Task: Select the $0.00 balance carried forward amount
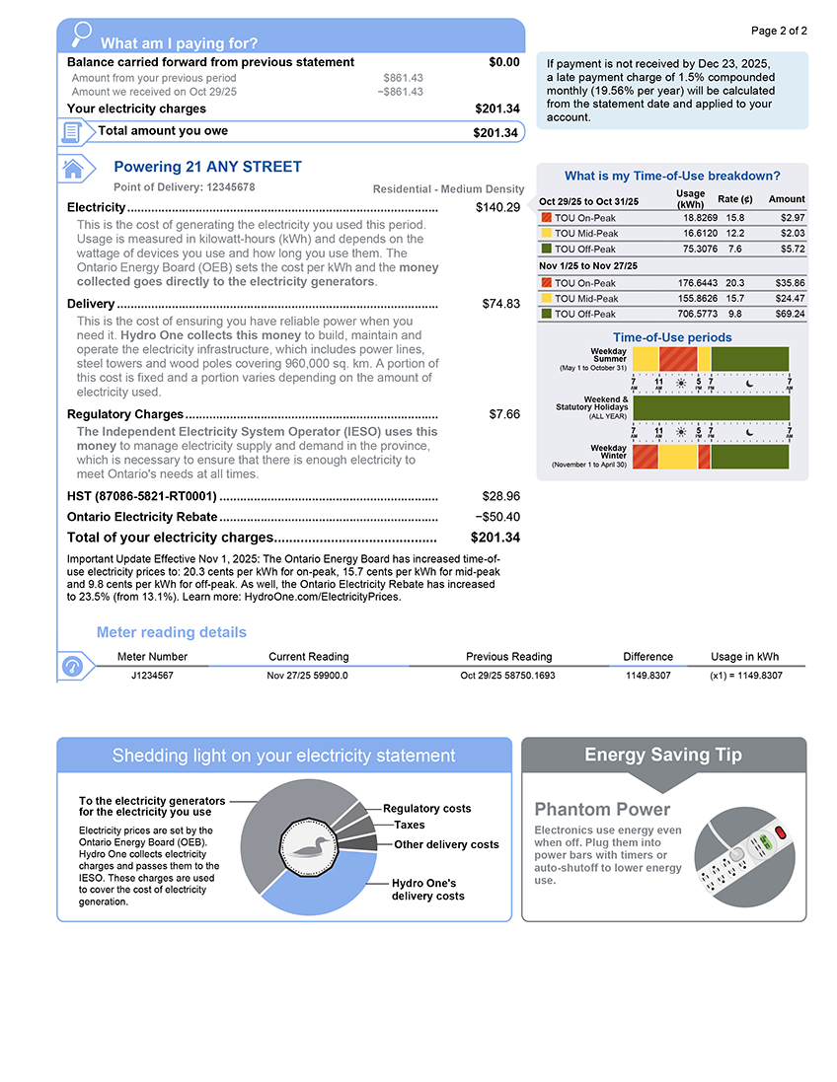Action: (x=503, y=62)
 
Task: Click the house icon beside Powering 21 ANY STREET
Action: (x=72, y=169)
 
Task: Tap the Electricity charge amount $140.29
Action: (x=497, y=207)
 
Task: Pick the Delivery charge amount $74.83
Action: (x=500, y=304)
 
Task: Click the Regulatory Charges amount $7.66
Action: (x=504, y=414)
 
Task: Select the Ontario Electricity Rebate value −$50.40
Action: (x=497, y=517)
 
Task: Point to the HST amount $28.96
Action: (x=500, y=495)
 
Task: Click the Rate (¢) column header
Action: (x=735, y=199)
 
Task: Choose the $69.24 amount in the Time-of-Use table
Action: (x=787, y=314)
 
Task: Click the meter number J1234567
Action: (x=152, y=676)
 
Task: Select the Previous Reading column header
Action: (x=508, y=657)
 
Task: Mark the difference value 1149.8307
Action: (x=647, y=676)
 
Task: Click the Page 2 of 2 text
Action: (x=779, y=31)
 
